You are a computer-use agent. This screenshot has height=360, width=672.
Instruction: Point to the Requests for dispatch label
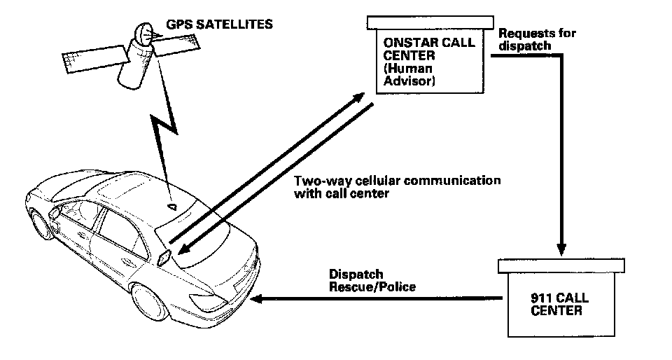526,39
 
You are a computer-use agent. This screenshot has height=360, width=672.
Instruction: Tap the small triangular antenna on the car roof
173,206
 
